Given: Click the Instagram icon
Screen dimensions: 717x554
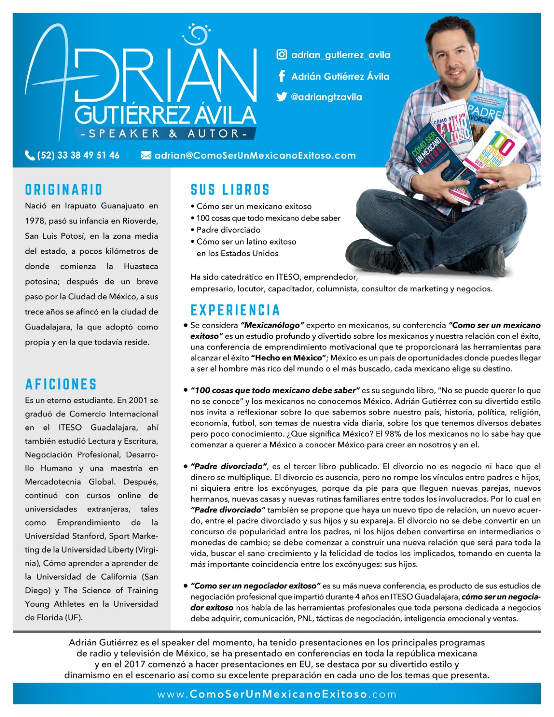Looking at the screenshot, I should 281,55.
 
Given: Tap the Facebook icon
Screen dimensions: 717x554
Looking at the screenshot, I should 281,76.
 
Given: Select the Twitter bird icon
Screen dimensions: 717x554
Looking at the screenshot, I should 281,97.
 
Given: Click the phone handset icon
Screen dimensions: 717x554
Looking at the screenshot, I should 30,155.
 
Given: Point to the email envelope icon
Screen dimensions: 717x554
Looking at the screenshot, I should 146,155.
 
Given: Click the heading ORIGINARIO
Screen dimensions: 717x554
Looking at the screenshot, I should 64,190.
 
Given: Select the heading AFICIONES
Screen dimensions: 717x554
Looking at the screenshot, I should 61,384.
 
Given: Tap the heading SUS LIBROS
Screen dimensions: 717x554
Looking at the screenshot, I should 230,190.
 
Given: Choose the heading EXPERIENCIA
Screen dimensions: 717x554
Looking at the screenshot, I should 235,310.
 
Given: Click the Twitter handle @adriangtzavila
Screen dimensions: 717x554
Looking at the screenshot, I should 326,97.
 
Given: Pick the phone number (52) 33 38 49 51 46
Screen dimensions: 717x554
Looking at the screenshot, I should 78,155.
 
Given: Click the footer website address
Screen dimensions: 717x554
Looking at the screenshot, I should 277,695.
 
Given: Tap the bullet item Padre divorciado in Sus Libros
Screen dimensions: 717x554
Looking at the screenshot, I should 229,230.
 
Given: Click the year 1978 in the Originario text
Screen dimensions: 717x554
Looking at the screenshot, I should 35,221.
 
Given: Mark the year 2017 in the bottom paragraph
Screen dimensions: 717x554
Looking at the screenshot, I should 134,664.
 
